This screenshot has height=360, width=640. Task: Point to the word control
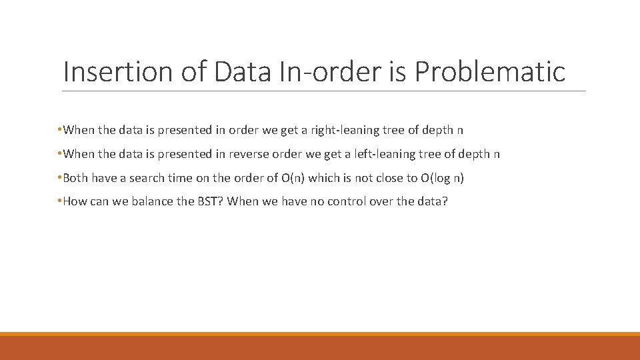(348, 202)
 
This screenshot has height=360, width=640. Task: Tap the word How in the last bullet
(75, 202)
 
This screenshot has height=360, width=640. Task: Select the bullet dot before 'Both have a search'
(60, 179)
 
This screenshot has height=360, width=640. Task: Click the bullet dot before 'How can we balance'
(60, 202)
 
